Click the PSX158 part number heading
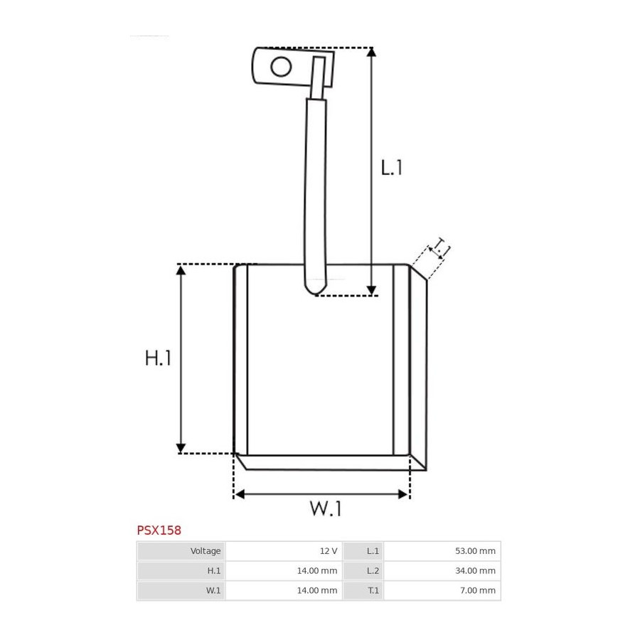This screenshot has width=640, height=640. click(159, 530)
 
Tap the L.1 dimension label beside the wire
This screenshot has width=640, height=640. click(391, 167)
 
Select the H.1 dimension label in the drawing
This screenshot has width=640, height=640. click(158, 358)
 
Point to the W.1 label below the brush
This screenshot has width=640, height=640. click(325, 508)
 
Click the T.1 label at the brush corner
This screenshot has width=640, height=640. click(441, 247)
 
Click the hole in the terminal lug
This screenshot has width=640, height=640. click(281, 67)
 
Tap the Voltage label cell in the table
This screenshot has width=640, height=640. click(181, 551)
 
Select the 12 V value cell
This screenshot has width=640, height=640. click(284, 551)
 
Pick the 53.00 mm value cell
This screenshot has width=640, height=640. click(442, 551)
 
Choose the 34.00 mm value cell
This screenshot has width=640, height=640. click(442, 570)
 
